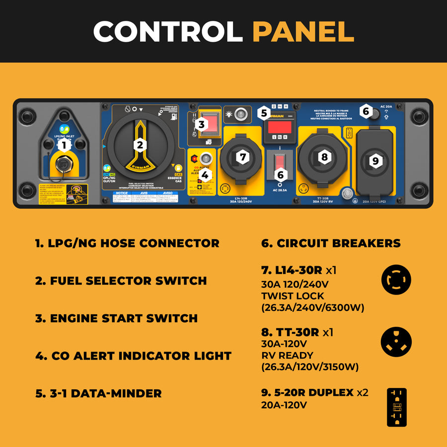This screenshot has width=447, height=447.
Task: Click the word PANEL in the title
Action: pos(303,31)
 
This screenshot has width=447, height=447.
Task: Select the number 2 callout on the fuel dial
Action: pos(140,145)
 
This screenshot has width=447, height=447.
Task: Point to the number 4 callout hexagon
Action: pos(205,174)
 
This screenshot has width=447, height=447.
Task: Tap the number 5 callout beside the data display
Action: pos(264,113)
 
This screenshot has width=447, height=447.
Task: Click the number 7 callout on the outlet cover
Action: pos(242,157)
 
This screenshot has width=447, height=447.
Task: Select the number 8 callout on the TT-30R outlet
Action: pos(324,157)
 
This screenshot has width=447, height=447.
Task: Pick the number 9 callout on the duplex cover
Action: pos(375,160)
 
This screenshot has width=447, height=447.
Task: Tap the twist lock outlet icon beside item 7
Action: pos(396,280)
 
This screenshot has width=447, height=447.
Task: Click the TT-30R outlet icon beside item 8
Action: pos(396,342)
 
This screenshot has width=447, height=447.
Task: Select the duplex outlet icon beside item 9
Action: pos(396,407)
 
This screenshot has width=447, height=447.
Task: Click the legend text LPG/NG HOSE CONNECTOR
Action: pos(127,243)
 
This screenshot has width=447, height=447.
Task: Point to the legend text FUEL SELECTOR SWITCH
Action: pos(121,281)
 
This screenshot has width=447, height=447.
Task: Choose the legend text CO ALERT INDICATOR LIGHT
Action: pos(133,356)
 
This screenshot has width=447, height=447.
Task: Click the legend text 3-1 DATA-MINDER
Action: pos(98,393)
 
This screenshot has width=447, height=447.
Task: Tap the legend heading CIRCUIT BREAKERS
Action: pos(331,243)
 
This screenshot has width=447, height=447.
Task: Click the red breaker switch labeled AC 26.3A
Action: pos(280,161)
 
